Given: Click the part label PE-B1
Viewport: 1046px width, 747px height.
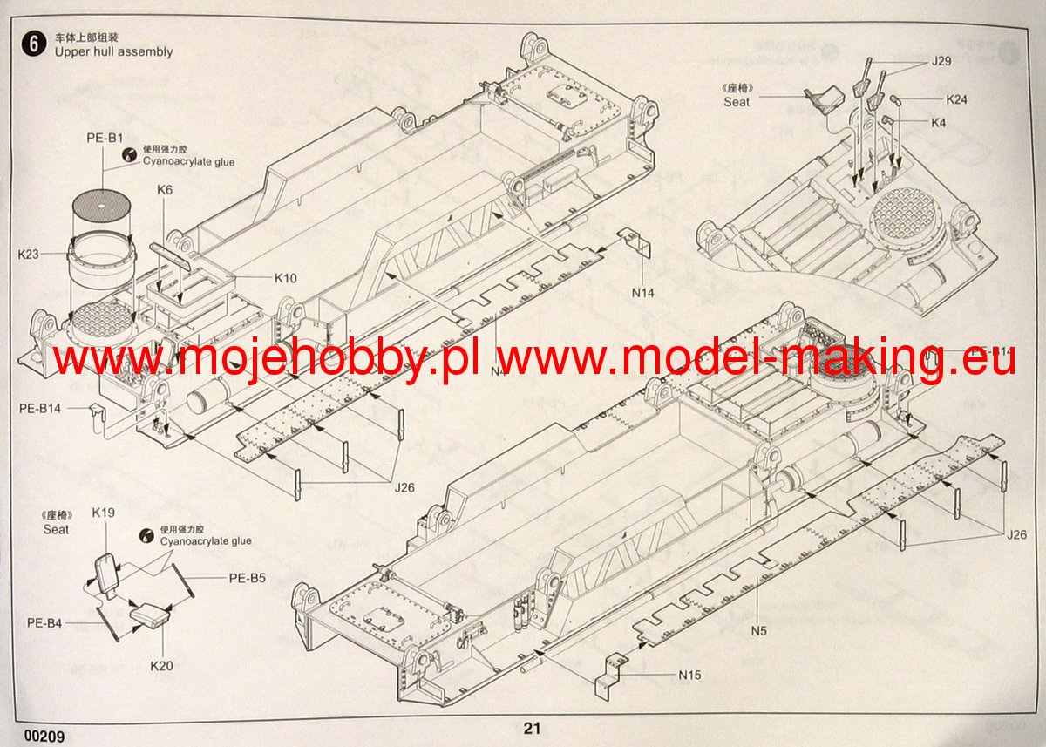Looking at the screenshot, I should click(x=104, y=138).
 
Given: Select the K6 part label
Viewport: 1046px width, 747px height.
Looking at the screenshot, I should click(x=166, y=189).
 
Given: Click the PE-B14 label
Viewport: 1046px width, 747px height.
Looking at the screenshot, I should click(x=39, y=407).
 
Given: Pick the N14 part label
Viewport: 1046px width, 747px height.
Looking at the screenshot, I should click(x=642, y=293).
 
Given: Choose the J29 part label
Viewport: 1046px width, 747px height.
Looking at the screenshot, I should click(x=941, y=62).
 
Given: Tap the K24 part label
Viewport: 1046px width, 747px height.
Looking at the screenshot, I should click(x=956, y=99).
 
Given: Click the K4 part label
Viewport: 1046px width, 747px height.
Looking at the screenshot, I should click(x=938, y=123).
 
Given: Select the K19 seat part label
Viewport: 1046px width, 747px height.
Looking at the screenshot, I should click(x=104, y=513).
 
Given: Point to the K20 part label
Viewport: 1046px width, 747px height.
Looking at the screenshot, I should click(x=161, y=666).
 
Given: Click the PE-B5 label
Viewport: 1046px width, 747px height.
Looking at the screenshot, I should click(x=247, y=577).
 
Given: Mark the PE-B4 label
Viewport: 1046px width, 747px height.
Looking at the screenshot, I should click(x=44, y=622).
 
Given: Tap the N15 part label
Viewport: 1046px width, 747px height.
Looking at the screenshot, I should click(x=689, y=674).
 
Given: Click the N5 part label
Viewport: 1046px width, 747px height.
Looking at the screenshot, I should click(x=757, y=629).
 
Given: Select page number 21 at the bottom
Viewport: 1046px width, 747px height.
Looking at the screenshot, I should click(x=533, y=729).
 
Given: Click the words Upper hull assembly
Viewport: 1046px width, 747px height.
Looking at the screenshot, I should click(x=113, y=52).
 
